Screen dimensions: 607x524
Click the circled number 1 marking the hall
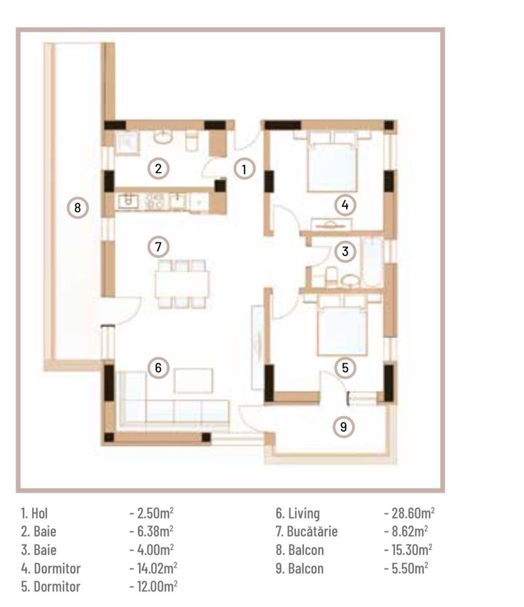[x=244, y=169]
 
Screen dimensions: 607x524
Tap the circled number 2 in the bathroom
[x=159, y=168]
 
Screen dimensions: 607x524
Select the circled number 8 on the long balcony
[x=78, y=208]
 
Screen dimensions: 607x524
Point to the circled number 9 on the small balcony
[x=344, y=427]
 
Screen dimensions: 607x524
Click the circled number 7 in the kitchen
[x=159, y=246]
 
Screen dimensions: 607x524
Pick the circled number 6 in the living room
[x=158, y=368]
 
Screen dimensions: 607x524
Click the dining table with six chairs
[x=183, y=284]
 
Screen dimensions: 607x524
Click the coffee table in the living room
[x=194, y=380]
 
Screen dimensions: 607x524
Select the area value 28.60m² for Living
[x=409, y=513]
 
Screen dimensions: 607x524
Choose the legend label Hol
[x=34, y=513]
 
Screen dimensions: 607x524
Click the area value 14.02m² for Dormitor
[x=153, y=568]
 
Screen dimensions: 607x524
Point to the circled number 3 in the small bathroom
[x=345, y=252]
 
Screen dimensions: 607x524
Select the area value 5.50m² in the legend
[x=407, y=568]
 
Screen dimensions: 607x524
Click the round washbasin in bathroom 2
[x=163, y=137]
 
